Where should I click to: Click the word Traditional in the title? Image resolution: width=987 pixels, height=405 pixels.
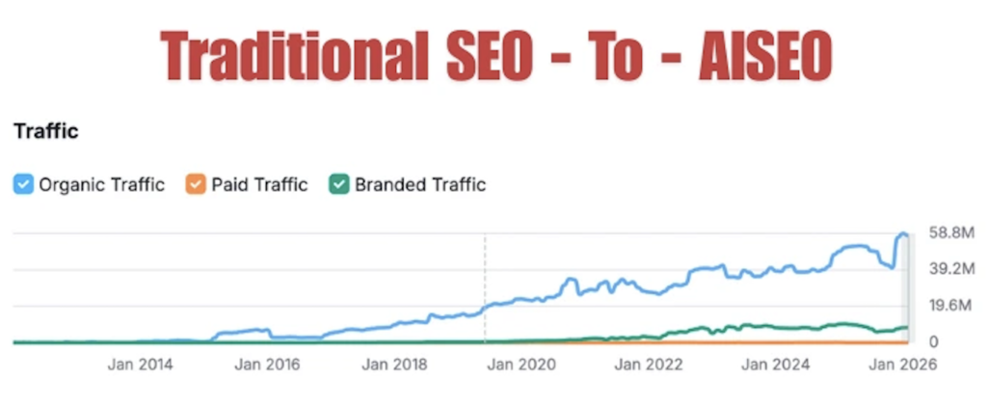(289, 56)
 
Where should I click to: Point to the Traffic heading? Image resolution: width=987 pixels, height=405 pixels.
(44, 131)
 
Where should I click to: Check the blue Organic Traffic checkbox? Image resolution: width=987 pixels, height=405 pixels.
(22, 184)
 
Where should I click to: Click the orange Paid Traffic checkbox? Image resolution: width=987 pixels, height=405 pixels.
(196, 184)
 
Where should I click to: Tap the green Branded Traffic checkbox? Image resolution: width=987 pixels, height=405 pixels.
(338, 184)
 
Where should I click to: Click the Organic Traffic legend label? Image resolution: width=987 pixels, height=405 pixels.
(101, 184)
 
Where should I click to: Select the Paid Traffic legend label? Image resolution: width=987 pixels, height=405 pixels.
(259, 184)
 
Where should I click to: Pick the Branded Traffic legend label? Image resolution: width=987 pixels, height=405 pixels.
(420, 184)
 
